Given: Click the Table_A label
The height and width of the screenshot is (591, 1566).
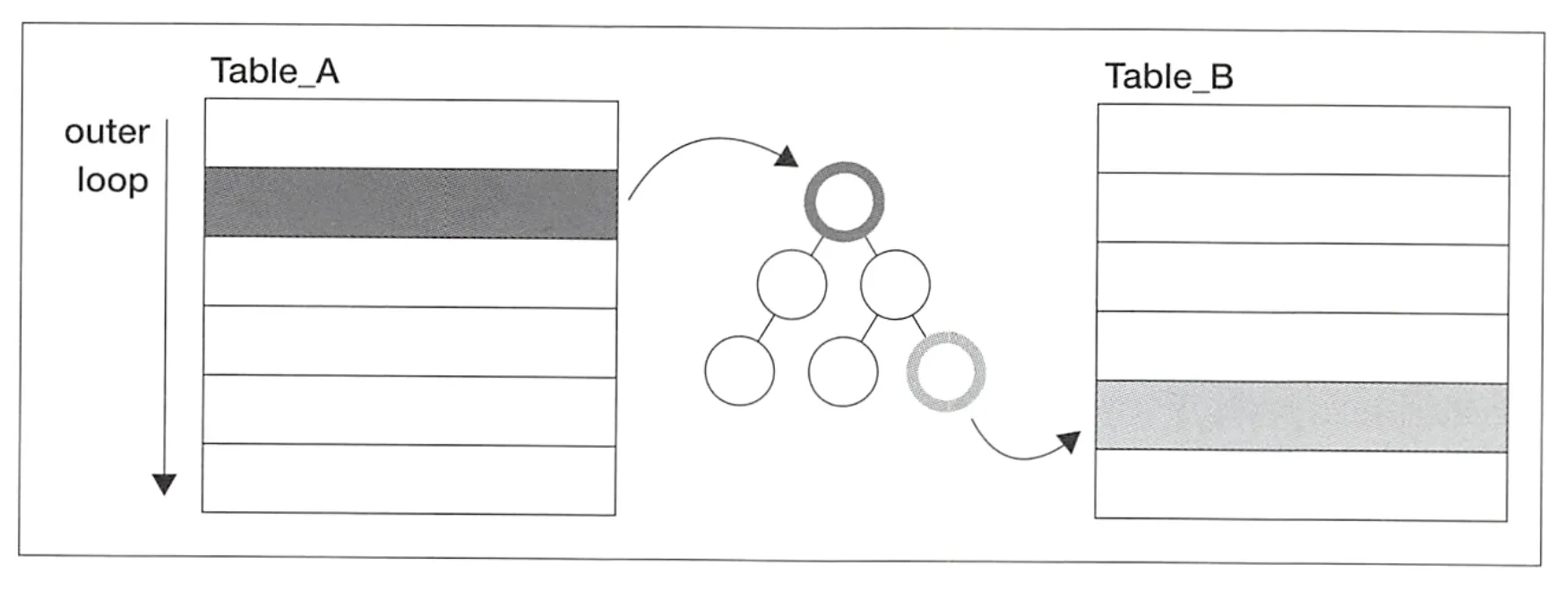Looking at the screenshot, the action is point(274,71).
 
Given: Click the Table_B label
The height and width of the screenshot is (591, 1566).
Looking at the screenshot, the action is point(1168,76).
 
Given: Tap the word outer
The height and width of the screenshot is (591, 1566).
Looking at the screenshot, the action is point(107,132).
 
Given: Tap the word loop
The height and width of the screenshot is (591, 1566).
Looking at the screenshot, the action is point(112,180).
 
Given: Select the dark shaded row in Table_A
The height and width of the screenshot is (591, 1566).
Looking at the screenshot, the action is point(410,203).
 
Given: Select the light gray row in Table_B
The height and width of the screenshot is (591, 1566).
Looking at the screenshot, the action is point(1301,416).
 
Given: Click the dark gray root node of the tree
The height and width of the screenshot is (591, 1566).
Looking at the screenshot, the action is point(843,201).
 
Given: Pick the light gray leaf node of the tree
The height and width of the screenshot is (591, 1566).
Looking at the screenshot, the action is point(946,372).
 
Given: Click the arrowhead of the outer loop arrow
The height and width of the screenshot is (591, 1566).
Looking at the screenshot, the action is point(164,484).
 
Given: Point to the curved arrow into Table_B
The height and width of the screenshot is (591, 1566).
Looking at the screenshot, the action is point(1021,452).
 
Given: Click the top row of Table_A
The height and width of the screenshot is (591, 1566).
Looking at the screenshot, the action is point(410,134).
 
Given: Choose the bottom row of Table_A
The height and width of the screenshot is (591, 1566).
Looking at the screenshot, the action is point(409,479).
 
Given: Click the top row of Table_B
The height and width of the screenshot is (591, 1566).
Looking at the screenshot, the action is point(1303,140).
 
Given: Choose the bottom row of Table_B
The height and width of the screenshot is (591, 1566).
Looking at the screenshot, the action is point(1301,484).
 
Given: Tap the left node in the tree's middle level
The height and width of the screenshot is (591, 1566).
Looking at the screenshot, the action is point(791,285).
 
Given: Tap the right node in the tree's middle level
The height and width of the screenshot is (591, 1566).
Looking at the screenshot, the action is point(894,285).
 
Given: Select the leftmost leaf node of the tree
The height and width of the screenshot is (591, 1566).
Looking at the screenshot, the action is point(739,371).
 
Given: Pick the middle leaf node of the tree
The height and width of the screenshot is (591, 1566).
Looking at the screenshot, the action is point(842,371).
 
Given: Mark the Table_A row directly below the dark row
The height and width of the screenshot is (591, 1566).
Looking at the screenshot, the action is point(410,272).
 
